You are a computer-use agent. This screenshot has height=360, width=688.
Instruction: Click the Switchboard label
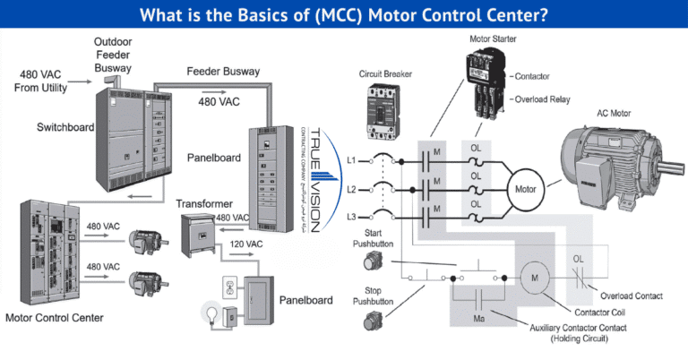pyautogui.click(x=65, y=127)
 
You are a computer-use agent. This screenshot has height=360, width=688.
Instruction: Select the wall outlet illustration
pyautogui.click(x=228, y=287)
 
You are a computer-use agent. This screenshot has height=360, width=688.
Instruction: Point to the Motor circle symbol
pyautogui.click(x=525, y=189)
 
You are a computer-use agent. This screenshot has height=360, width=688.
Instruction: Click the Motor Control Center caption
pyautogui.click(x=54, y=318)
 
